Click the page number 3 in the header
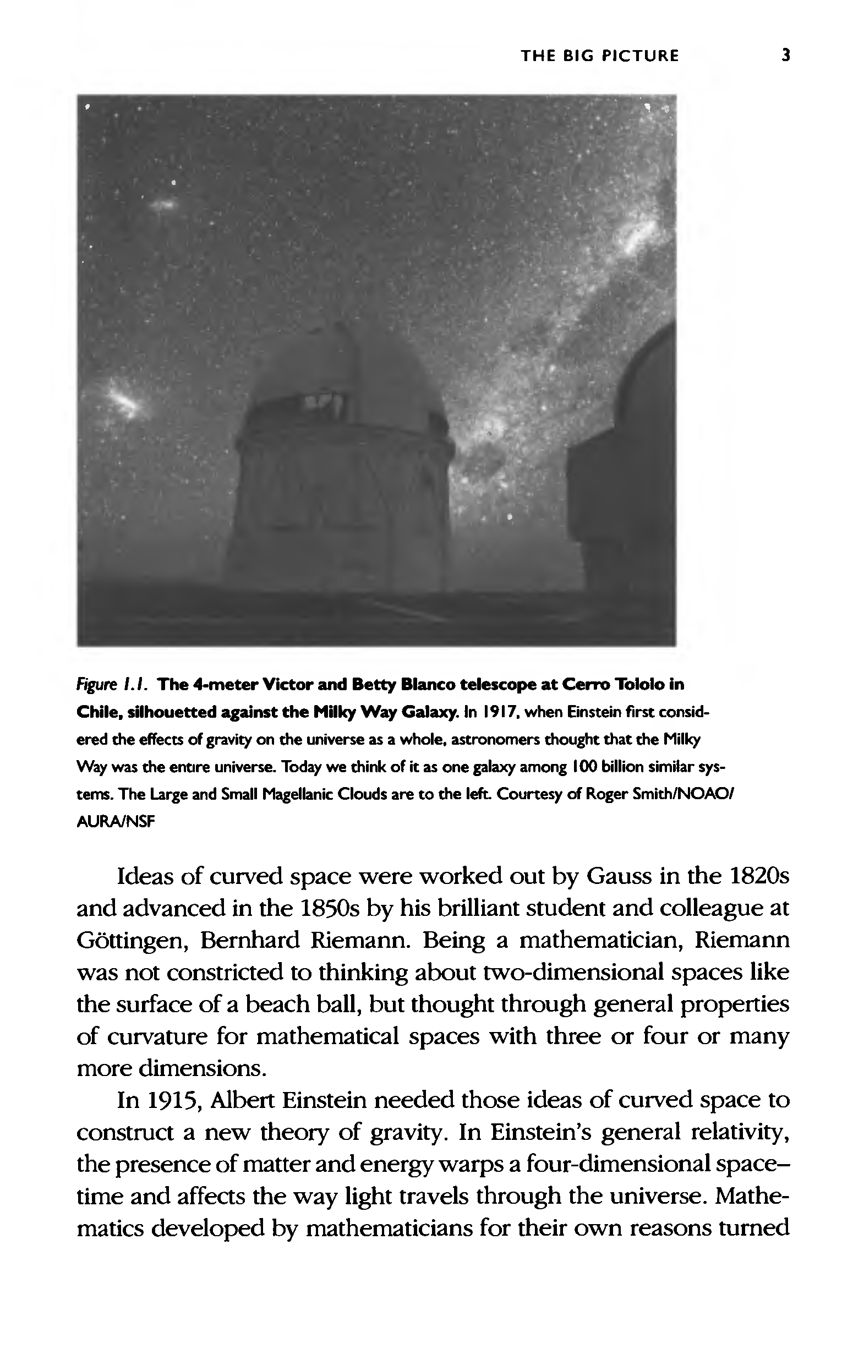click(786, 56)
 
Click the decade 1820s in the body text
click(754, 876)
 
